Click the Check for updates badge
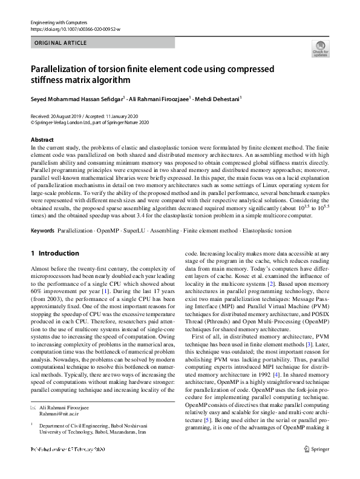[320, 48]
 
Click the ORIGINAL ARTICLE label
[61, 43]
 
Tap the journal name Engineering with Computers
[58, 22]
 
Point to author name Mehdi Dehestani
[218, 98]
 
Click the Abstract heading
[42, 140]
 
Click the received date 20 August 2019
[68, 116]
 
